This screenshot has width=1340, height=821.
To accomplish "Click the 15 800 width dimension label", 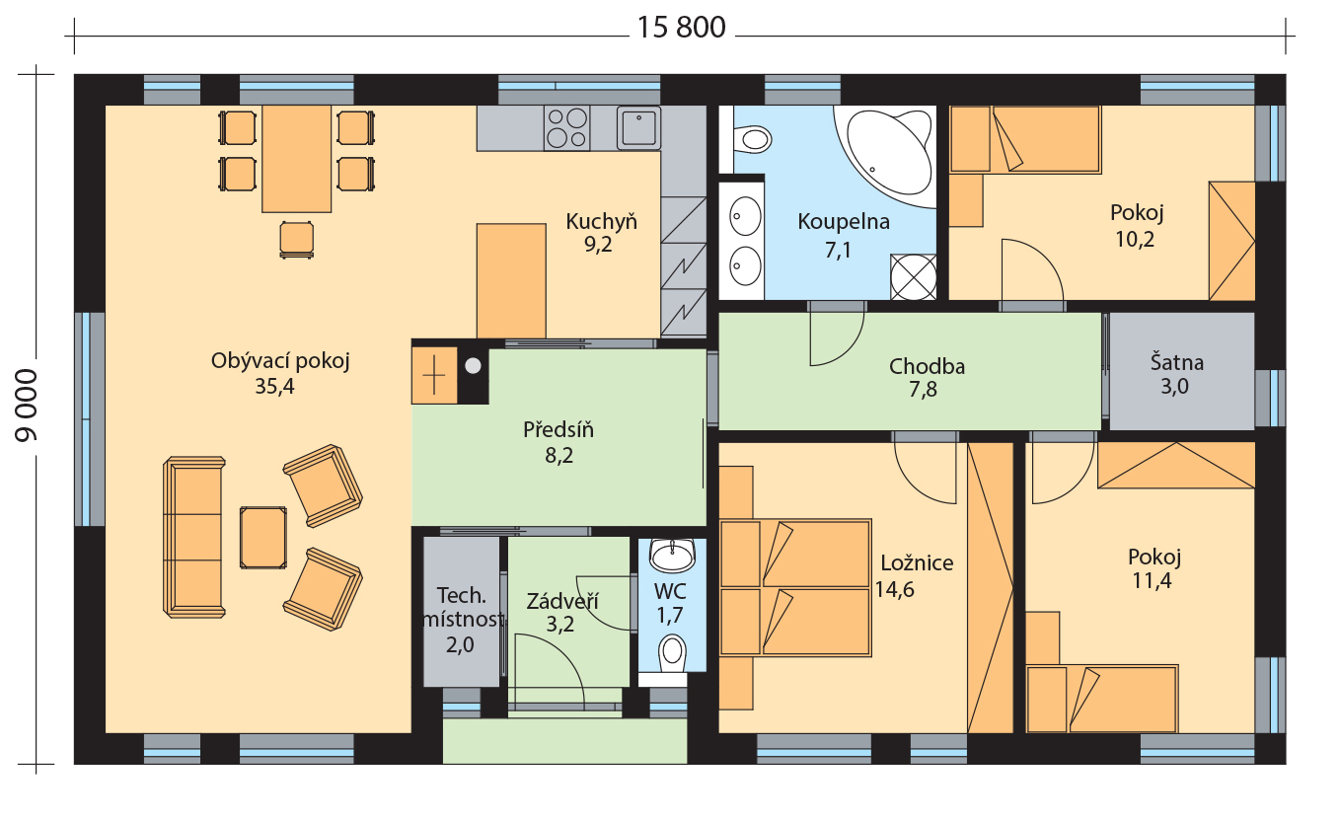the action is click(x=682, y=28).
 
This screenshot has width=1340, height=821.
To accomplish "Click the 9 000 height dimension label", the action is click(x=27, y=406).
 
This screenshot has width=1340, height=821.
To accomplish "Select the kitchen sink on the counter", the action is click(x=638, y=127).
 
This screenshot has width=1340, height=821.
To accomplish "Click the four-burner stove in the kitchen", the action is click(x=566, y=127).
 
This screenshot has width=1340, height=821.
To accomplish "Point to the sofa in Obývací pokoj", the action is click(x=193, y=537).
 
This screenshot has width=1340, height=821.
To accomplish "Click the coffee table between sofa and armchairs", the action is click(x=263, y=537).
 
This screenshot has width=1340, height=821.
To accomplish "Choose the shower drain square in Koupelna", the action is click(x=914, y=277).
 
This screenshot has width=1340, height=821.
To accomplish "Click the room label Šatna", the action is click(x=1176, y=362).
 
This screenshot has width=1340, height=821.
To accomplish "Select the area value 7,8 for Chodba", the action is click(x=923, y=390).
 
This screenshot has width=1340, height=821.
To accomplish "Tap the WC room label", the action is click(x=670, y=592).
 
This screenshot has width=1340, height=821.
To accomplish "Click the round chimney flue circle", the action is click(x=474, y=366).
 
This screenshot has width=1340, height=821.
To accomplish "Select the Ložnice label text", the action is click(x=917, y=563).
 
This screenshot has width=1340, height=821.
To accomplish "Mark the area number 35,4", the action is click(x=274, y=387).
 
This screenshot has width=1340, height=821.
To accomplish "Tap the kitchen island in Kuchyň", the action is click(x=511, y=280).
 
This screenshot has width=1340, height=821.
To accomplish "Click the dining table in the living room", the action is click(x=297, y=159).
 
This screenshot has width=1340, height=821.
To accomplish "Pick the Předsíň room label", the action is click(x=558, y=429).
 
